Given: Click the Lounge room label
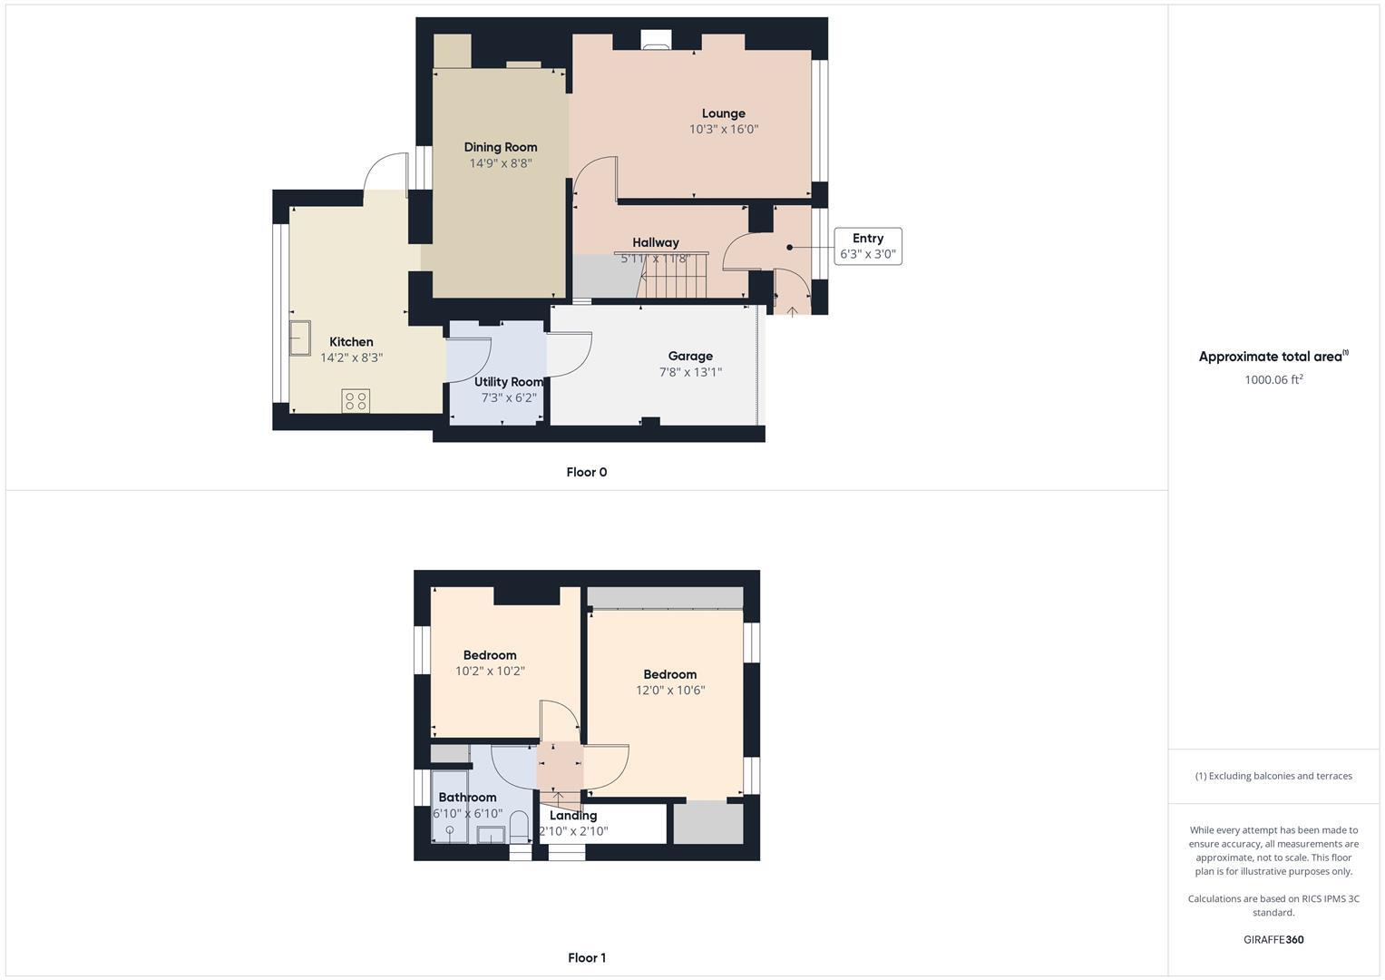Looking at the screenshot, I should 723,113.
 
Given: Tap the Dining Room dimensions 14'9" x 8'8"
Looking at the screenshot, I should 500,163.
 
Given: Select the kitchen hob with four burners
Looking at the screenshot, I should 356,400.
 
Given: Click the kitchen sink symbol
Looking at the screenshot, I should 300,338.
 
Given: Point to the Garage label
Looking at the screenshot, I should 690,356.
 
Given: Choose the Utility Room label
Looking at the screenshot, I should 508,382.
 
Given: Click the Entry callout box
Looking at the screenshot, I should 868,246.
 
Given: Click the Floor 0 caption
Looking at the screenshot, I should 586,472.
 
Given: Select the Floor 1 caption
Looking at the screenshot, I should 586,957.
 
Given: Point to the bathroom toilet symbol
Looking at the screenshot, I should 519,827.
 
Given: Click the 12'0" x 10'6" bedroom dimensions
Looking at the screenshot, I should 670,690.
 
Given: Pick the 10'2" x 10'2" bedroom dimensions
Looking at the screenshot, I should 490,671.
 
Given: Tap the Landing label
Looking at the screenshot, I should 573,815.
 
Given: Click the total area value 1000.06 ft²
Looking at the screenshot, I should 1273,379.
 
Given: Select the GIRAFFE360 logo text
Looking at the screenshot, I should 1273,939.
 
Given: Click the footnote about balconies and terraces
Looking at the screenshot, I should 1273,776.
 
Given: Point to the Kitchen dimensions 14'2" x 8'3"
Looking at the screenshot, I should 351,358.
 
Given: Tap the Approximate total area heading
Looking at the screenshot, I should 1273,357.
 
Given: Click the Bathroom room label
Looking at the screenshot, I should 467,797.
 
